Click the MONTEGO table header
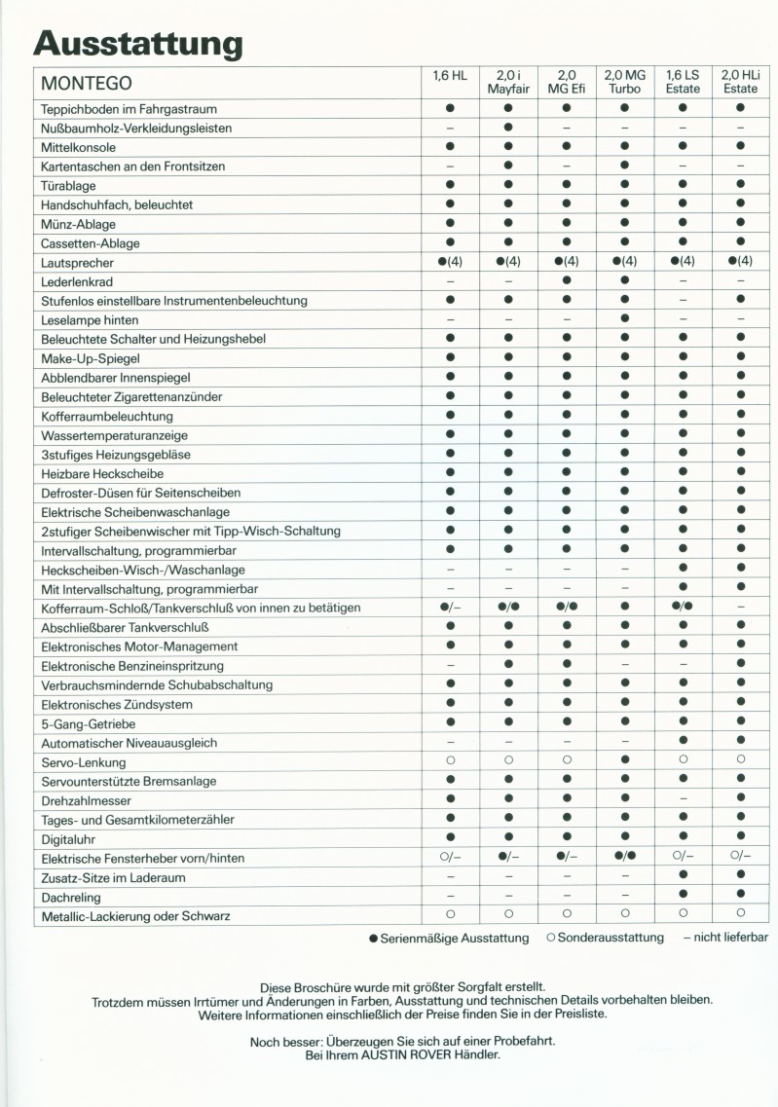[x=87, y=84]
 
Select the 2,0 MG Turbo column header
[x=624, y=81]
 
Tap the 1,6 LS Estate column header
[x=683, y=81]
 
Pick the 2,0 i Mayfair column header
[x=507, y=81]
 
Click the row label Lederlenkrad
[x=77, y=281]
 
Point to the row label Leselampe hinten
[x=90, y=319]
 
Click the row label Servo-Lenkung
[x=83, y=762]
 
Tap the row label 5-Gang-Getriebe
[x=89, y=723]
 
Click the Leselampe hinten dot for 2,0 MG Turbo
[x=624, y=319]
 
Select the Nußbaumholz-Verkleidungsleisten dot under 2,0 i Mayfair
[x=507, y=128]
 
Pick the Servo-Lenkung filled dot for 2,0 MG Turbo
[x=624, y=762]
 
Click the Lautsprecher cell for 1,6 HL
[x=450, y=262]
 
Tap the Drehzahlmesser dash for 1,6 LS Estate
[x=683, y=800]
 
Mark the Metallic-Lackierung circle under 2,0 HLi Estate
[x=741, y=915]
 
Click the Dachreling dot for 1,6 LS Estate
[x=683, y=897]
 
